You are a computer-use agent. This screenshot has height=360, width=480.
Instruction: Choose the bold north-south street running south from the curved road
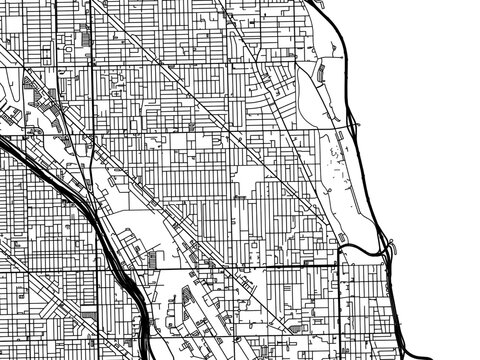339,300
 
